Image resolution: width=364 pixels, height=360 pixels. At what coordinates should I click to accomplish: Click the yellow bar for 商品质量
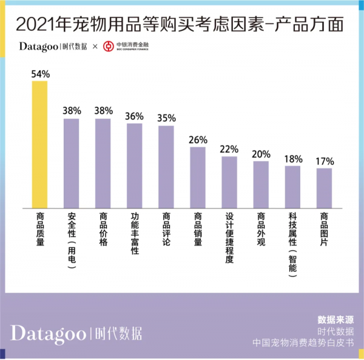(x=39, y=144)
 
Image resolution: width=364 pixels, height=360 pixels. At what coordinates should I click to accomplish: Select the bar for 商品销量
(x=198, y=176)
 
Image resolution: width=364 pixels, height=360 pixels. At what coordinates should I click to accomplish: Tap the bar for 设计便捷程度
(x=229, y=181)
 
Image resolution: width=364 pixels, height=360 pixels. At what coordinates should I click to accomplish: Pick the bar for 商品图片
(x=325, y=187)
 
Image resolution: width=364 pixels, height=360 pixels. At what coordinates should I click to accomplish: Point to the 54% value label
(x=39, y=74)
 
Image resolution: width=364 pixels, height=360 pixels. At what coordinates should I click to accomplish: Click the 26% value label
(x=198, y=140)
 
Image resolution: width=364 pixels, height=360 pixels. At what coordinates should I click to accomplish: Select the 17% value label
(x=325, y=161)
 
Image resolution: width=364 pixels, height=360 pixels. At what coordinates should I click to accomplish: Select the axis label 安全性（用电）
(x=72, y=239)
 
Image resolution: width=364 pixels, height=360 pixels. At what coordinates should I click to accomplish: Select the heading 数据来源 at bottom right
(x=335, y=319)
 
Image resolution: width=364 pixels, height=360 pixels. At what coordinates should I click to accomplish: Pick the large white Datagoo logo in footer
(x=48, y=333)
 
